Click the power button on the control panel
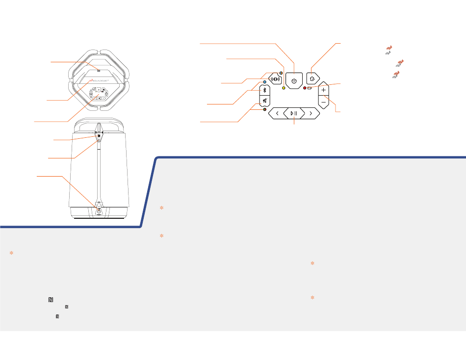[x=294, y=80]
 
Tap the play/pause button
[x=294, y=113]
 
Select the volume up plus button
[x=323, y=90]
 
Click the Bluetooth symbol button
[x=264, y=90]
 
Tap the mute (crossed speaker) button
[x=264, y=102]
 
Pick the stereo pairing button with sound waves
[x=276, y=78]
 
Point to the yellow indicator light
[x=284, y=88]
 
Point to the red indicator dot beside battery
[x=305, y=88]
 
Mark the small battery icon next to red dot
[x=310, y=88]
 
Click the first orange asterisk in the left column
[x=11, y=253]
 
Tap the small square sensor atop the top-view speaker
[x=99, y=71]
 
